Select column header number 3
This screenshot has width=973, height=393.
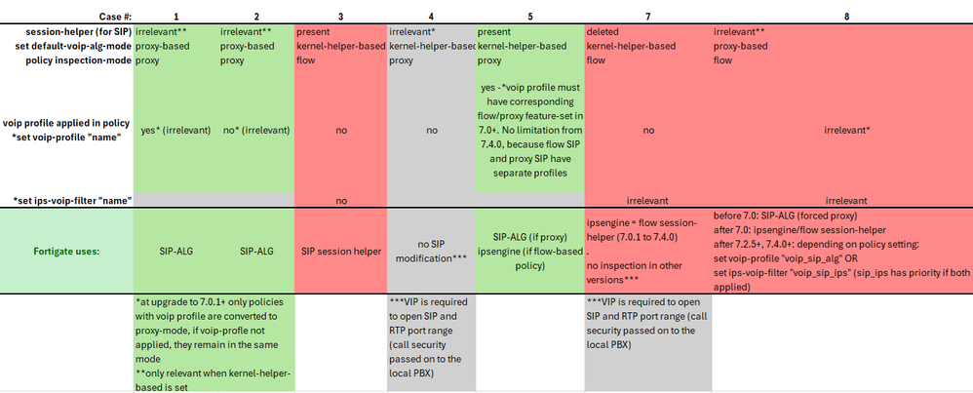point(340,17)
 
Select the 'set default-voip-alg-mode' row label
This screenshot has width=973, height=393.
point(68,45)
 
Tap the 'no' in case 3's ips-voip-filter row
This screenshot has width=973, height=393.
point(340,200)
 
